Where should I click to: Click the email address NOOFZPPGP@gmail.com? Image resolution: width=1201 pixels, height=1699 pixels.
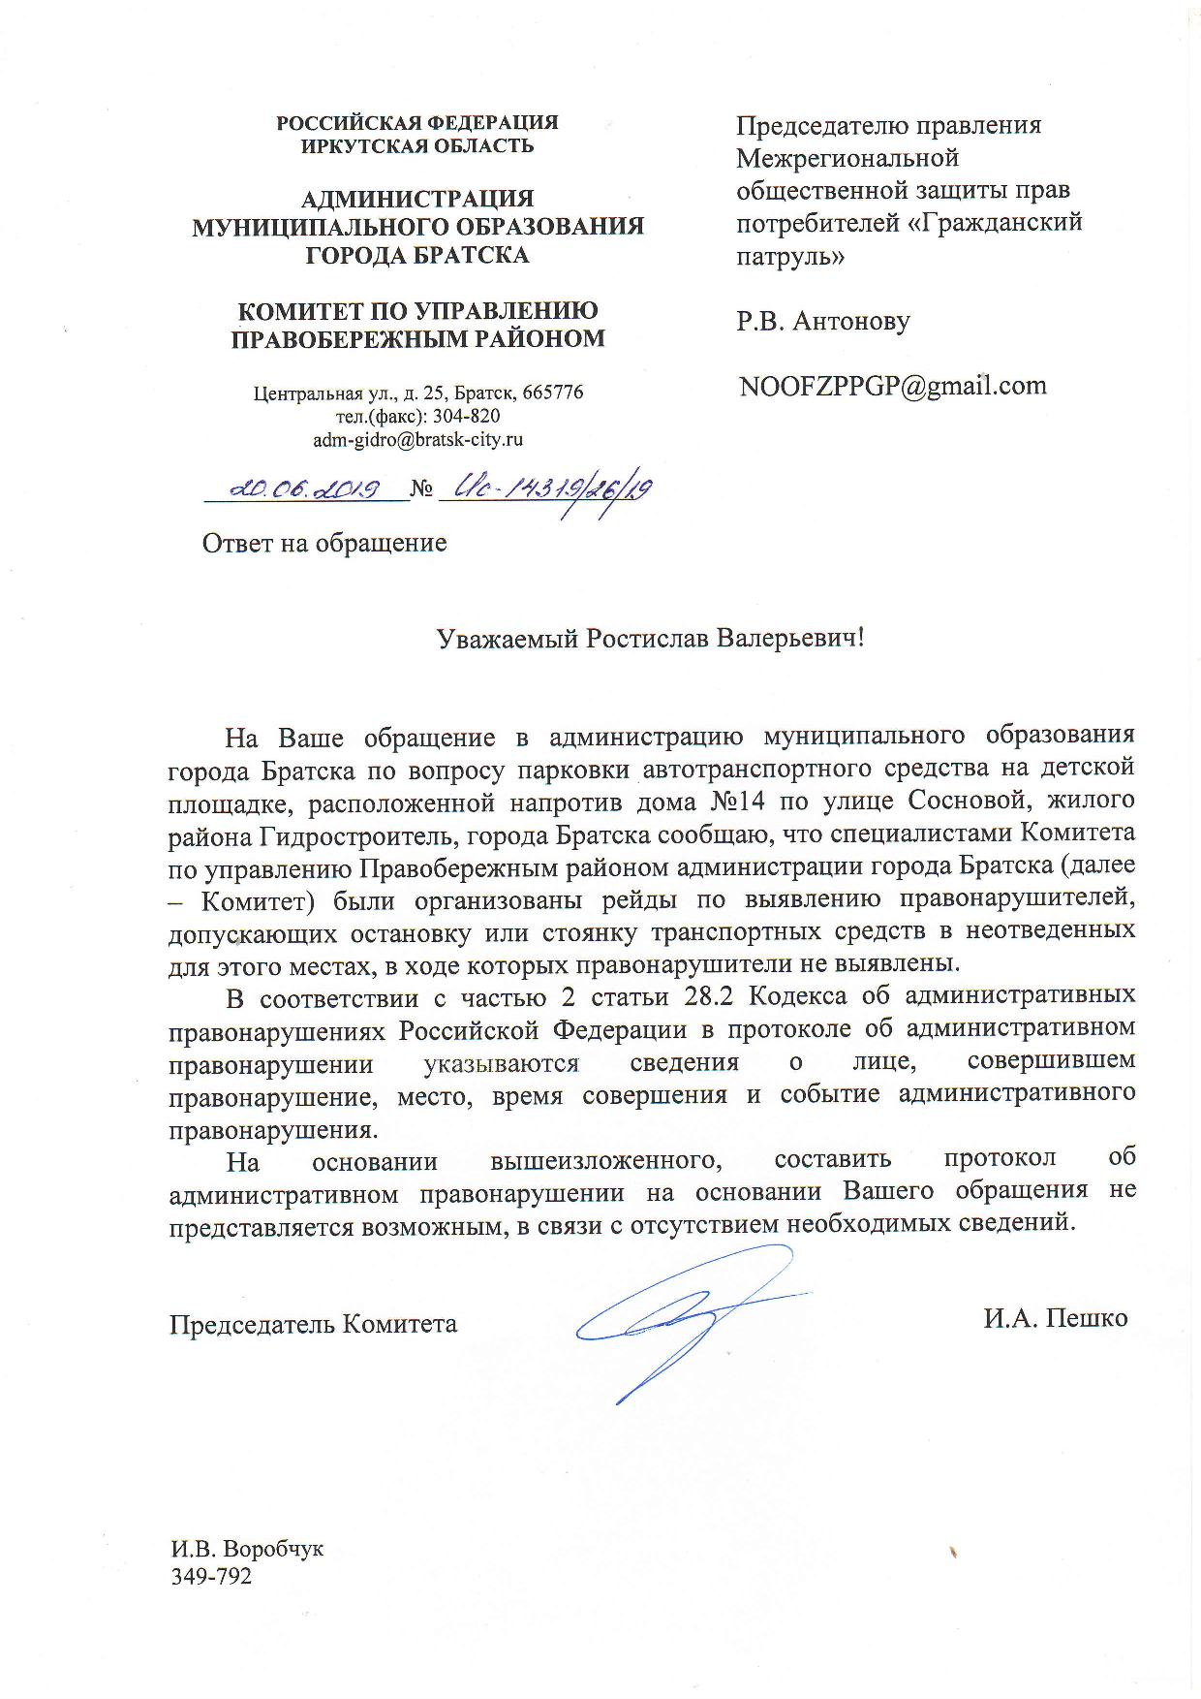(892, 386)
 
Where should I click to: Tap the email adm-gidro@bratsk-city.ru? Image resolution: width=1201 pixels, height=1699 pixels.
(417, 438)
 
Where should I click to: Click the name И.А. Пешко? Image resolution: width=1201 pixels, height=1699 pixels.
(1055, 1318)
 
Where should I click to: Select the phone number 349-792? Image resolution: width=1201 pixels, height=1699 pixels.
(211, 1577)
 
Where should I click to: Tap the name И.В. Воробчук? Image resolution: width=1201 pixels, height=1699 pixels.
(247, 1549)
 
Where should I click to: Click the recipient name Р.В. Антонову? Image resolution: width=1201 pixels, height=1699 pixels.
(822, 321)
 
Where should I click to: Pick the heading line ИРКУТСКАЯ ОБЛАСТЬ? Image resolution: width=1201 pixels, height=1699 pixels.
(417, 146)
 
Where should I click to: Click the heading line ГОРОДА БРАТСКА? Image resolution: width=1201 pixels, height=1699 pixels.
(417, 255)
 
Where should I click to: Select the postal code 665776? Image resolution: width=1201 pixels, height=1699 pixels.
(552, 393)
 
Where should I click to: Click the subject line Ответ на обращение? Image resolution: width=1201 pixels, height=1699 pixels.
(324, 543)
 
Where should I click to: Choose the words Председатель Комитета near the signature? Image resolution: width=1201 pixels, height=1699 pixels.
(314, 1323)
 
